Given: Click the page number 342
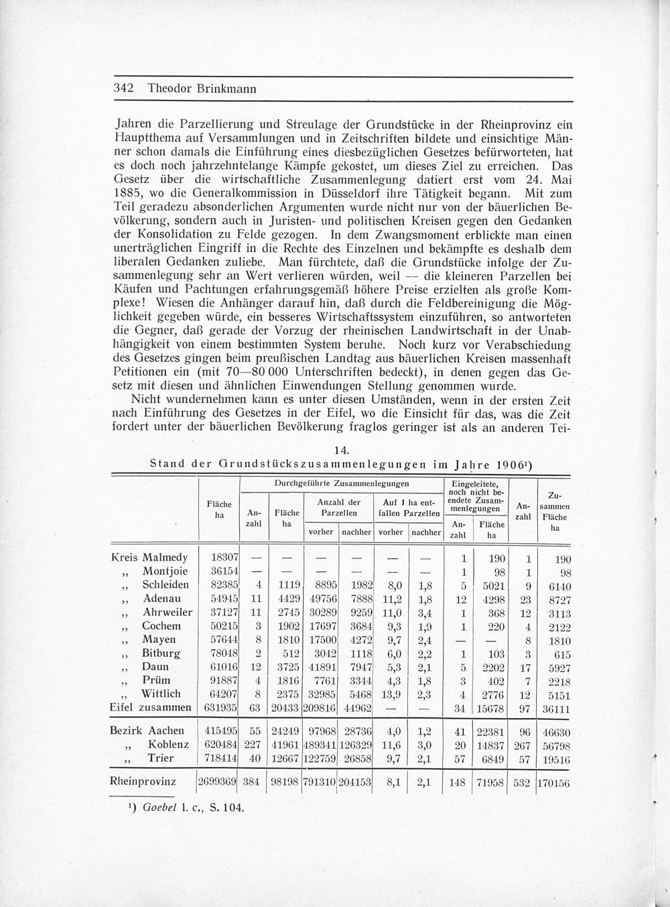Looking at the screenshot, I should click(125, 88).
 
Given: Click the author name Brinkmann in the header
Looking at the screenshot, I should click(221, 88).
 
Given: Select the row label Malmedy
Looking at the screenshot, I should click(165, 557).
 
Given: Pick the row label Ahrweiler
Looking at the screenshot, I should click(167, 612).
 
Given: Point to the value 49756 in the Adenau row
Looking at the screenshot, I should click(322, 599).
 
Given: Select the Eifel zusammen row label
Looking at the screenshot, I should click(150, 707).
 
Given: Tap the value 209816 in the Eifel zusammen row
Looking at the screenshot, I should click(321, 708).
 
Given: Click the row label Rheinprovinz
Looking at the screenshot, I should click(142, 781).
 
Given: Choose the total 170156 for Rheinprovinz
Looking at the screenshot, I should click(553, 782).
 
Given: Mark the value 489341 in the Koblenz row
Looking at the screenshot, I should click(321, 745).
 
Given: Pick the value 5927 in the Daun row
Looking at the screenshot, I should click(556, 668).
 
